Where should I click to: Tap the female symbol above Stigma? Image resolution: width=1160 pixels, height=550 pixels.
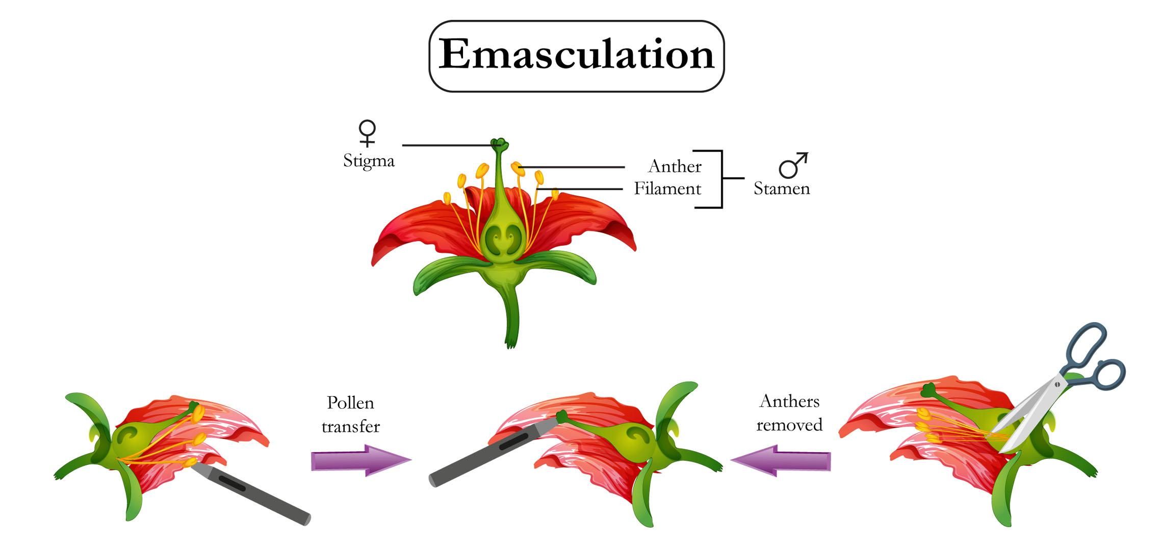367,133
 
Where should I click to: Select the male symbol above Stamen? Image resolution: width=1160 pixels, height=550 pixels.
793,165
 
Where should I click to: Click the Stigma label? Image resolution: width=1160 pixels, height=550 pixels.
369,161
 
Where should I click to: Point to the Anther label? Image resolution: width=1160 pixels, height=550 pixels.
675,166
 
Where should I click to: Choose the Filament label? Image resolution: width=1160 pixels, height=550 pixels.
667,189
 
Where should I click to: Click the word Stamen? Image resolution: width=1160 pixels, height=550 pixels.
782,189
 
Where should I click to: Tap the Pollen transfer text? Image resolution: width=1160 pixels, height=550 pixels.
351,414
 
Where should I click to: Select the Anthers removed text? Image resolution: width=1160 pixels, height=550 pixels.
789,413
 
